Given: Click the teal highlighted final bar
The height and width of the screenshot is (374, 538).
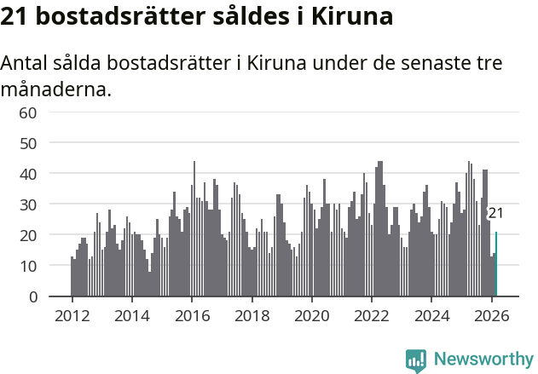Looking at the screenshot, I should point(496,264).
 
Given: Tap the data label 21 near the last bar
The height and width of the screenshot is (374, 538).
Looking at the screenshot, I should point(495,213).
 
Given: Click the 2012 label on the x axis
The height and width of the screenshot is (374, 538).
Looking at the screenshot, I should point(72,315).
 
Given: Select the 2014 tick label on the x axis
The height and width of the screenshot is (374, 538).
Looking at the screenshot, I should point(131,315).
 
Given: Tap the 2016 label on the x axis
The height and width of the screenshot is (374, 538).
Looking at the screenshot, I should point(192,315).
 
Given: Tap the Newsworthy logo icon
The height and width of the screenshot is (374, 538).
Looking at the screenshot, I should point(416,360).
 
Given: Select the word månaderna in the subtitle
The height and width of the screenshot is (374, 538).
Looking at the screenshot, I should point(56,88).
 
